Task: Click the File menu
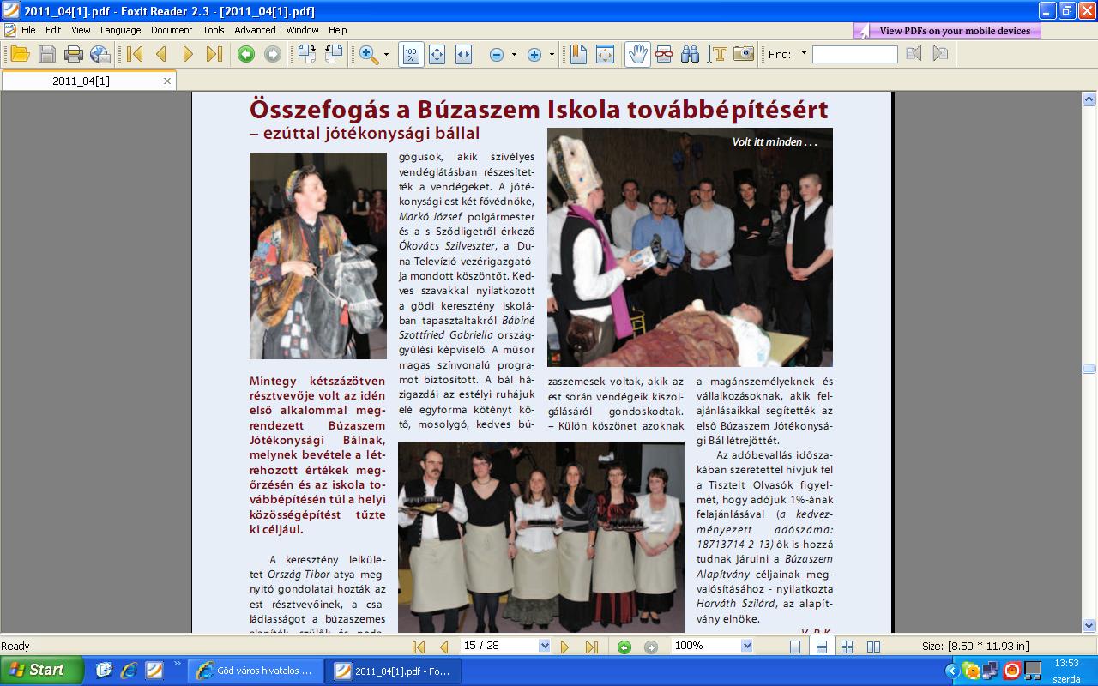(x=28, y=30)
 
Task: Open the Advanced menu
(x=255, y=30)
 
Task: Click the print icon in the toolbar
(x=74, y=54)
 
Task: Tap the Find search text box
(x=854, y=54)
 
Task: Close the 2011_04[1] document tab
(x=167, y=81)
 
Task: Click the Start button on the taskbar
(x=41, y=670)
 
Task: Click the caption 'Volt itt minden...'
(x=774, y=142)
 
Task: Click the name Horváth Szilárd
(x=729, y=604)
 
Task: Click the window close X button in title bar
(x=1086, y=11)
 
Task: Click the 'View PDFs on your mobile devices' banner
(x=947, y=31)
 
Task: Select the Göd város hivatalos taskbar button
(x=255, y=671)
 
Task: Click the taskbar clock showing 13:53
(x=1066, y=663)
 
